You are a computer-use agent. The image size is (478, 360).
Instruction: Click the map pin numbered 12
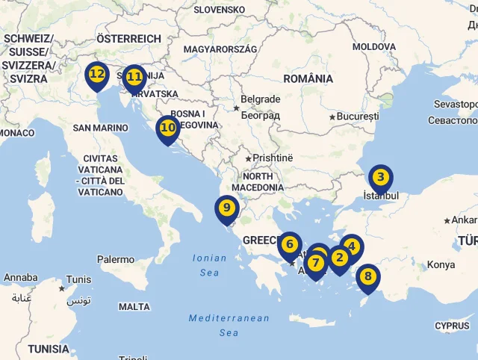[x=97, y=75]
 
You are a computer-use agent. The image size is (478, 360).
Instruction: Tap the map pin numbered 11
[x=134, y=77]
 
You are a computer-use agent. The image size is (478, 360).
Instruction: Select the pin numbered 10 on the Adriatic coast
[x=168, y=128]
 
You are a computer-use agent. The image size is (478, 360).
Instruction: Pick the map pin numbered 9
[x=226, y=208]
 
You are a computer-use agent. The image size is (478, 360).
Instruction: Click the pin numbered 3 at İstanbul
[x=381, y=178]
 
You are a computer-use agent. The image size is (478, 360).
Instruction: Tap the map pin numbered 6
[x=290, y=244]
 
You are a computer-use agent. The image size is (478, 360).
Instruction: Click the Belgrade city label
[x=260, y=99]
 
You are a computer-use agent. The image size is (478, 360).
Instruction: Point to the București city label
[x=358, y=117]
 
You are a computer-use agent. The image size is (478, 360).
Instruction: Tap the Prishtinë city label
[x=273, y=158]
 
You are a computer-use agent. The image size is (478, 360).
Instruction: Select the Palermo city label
[x=116, y=260]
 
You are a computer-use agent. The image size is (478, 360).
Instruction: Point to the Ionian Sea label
[x=210, y=265]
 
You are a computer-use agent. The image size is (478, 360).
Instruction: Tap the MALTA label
[x=134, y=306]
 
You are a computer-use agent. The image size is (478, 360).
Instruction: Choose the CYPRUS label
[x=452, y=326]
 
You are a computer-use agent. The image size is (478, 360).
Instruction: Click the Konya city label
[x=441, y=265]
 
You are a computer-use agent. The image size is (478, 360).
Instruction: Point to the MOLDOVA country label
[x=374, y=46]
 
